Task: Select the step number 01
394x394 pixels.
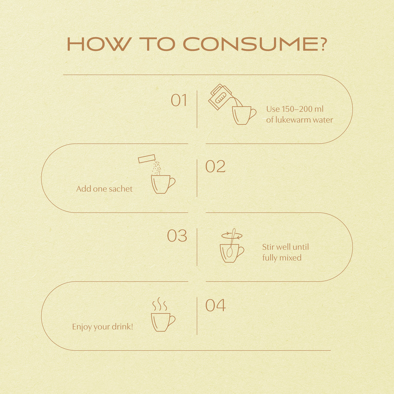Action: click(x=179, y=100)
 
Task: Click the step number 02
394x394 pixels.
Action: click(x=215, y=167)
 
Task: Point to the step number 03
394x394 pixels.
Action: click(x=177, y=236)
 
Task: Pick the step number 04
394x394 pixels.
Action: click(x=215, y=305)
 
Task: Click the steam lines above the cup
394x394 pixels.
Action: click(x=160, y=305)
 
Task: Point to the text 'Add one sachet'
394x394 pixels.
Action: click(x=104, y=189)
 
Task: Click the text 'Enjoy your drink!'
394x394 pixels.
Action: click(x=102, y=327)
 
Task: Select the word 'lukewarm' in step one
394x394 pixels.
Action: click(x=293, y=120)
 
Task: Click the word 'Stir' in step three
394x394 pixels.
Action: click(x=268, y=247)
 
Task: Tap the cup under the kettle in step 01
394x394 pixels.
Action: click(x=242, y=115)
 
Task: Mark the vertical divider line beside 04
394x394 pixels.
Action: click(x=197, y=316)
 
